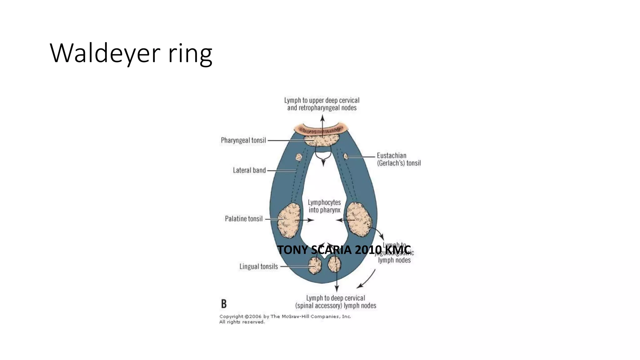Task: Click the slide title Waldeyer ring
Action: click(x=131, y=53)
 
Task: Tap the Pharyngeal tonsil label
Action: click(x=243, y=140)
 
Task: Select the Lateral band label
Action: click(x=249, y=170)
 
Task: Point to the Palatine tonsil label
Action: click(x=243, y=219)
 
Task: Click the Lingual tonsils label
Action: click(x=258, y=267)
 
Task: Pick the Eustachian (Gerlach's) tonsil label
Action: click(x=398, y=159)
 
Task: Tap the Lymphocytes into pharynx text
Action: click(x=324, y=206)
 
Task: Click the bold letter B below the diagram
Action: click(x=224, y=304)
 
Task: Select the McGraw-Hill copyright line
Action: click(x=285, y=317)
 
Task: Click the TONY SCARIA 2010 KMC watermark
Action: click(x=344, y=250)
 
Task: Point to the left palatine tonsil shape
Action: click(x=289, y=220)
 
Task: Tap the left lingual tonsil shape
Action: click(x=315, y=266)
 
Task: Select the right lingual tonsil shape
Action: click(x=334, y=264)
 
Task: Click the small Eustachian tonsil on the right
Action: click(x=346, y=156)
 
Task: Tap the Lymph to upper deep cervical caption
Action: click(x=322, y=104)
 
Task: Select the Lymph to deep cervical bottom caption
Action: click(x=336, y=302)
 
